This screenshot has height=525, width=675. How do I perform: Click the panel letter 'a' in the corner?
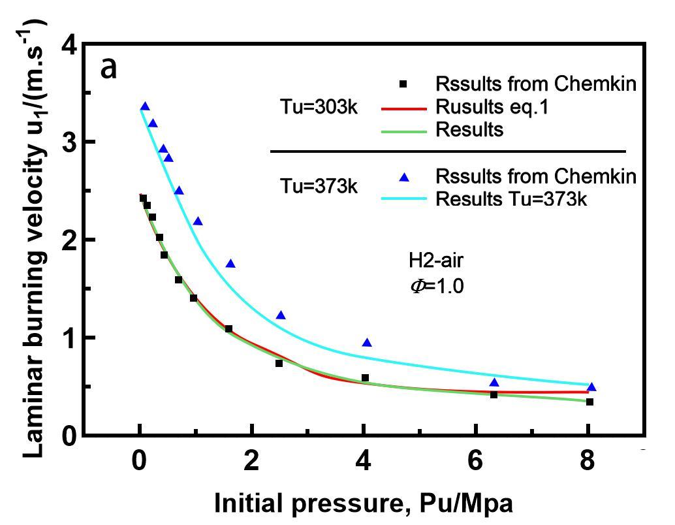point(108,68)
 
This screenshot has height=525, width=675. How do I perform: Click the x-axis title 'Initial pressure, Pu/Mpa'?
point(363,503)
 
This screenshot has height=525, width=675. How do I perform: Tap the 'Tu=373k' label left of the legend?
point(314,186)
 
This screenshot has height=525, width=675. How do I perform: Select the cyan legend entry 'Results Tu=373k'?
point(512,199)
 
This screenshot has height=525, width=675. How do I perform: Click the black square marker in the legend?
point(403,84)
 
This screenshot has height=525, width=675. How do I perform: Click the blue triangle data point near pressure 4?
point(367,343)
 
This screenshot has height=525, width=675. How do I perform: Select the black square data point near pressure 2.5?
point(279,363)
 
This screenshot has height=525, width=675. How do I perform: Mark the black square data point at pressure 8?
point(589,402)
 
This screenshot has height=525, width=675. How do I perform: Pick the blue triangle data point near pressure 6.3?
point(494,383)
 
